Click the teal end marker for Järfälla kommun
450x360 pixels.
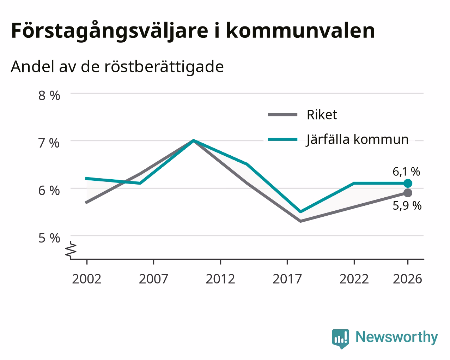click(408, 183)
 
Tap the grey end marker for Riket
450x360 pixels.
click(408, 193)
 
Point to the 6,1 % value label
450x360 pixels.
click(406, 172)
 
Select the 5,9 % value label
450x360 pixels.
click(407, 206)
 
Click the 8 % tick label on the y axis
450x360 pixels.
click(49, 96)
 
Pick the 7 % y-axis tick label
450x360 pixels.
click(49, 143)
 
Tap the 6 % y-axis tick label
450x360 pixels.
click(49, 191)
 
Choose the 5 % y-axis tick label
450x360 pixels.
click(49, 238)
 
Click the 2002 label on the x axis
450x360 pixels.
click(86, 279)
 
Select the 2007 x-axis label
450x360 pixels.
click(153, 279)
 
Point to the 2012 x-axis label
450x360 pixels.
click(220, 279)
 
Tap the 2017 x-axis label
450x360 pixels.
click(287, 279)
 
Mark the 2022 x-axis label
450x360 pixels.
click(354, 279)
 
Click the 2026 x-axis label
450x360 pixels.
click(408, 279)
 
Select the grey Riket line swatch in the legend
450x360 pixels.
click(283, 114)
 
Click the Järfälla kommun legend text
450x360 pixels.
click(357, 140)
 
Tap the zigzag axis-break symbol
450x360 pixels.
click(71, 249)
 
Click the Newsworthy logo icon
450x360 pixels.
click(341, 338)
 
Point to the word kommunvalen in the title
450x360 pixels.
click(301, 31)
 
